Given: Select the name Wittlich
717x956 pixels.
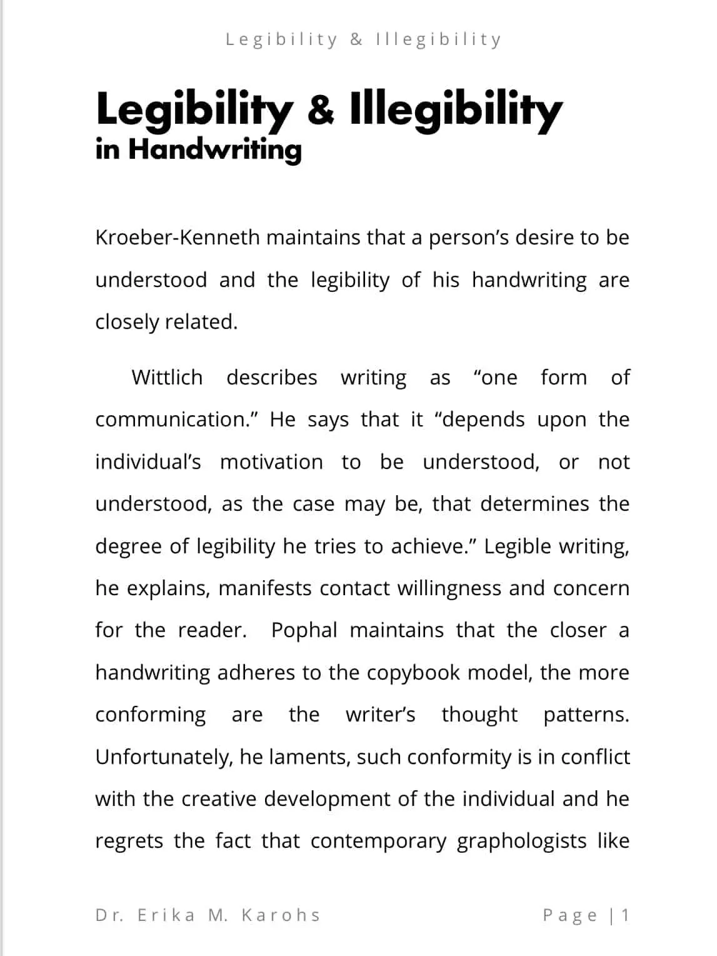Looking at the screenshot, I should point(167,378).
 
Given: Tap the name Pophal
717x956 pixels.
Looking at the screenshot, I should point(304,630).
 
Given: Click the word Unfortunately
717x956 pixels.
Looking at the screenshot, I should point(164,757).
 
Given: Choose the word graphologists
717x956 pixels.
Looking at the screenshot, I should point(521,842).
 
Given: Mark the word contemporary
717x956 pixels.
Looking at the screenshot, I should point(378,842).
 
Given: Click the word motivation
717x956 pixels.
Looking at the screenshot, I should point(271,463).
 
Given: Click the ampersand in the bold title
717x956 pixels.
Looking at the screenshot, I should point(321,109).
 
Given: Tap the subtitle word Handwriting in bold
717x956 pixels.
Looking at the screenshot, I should point(215,150).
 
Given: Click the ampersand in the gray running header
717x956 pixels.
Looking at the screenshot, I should point(356,40).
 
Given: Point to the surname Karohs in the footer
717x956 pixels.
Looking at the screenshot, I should point(281,915).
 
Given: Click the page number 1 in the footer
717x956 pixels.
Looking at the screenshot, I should point(624,915).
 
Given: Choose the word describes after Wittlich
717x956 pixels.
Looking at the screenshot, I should point(271,378).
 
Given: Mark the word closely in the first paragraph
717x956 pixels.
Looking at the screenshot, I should point(127,323).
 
